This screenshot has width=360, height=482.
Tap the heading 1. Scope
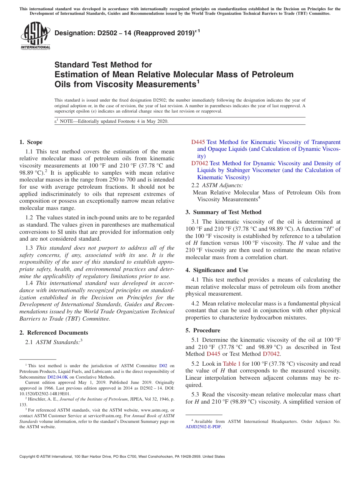click(x=31, y=142)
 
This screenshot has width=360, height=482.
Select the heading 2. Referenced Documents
click(x=54, y=333)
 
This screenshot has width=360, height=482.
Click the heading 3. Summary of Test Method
click(x=224, y=212)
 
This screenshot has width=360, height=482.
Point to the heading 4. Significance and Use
click(x=217, y=270)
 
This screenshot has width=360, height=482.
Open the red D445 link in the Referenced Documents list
click(x=198, y=142)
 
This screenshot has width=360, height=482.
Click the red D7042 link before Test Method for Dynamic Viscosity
click(x=199, y=163)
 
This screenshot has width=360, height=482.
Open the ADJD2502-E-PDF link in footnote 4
click(x=203, y=427)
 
